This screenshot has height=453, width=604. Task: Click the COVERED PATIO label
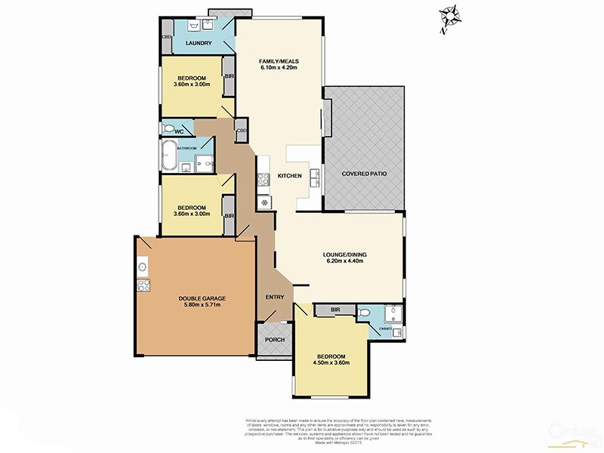(365, 174)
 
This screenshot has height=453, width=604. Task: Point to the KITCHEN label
(290, 176)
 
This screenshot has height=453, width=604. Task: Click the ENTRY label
(275, 297)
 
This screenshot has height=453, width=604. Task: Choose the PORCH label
(275, 340)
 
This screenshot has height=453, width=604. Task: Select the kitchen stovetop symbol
(264, 180)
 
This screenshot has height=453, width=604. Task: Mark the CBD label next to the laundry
(166, 35)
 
